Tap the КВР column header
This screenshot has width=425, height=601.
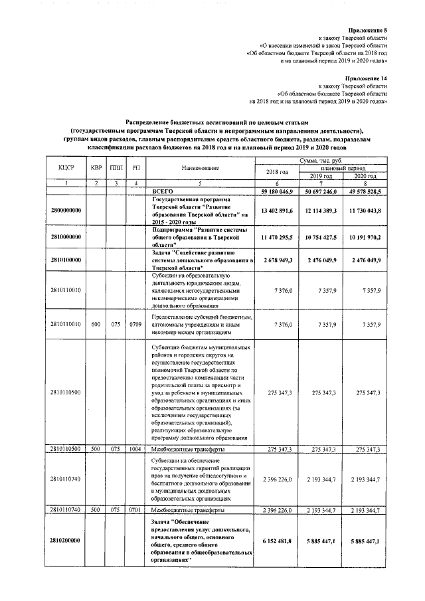click(x=96, y=169)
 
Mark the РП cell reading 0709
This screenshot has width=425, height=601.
click(x=135, y=325)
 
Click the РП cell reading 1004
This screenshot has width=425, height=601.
click(x=135, y=450)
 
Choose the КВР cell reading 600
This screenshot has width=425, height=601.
click(x=96, y=325)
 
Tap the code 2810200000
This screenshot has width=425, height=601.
click(x=64, y=541)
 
